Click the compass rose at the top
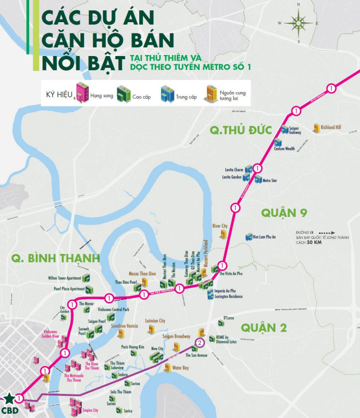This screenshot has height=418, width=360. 298,22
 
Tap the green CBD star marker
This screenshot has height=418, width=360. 10,399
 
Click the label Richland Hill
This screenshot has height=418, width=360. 331,127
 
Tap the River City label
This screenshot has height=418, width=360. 220,226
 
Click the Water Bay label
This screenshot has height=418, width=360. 181,368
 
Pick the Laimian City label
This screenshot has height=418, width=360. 156,320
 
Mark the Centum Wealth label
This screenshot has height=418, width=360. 284,149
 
